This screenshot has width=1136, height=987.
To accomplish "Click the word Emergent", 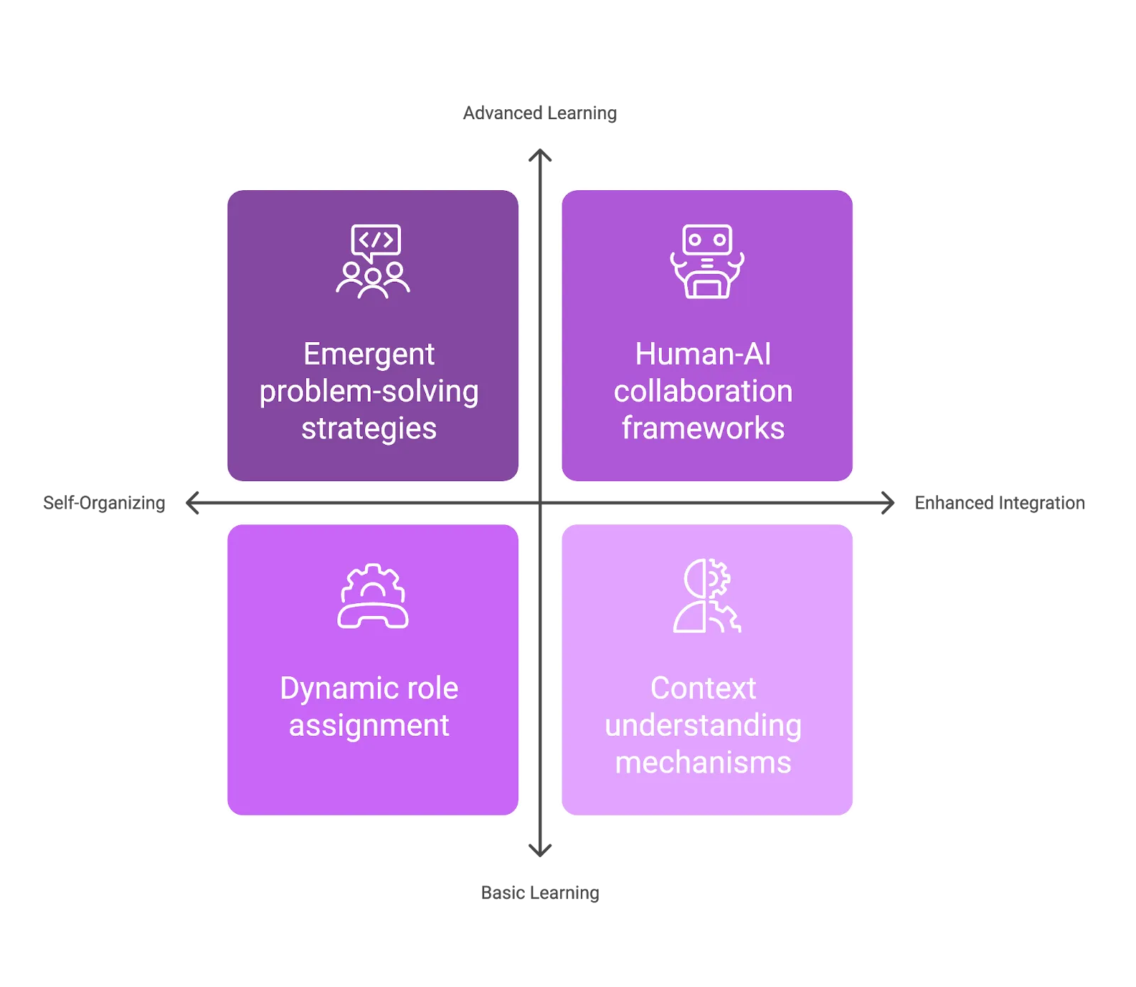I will click(368, 354).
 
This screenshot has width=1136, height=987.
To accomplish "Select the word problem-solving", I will click(368, 392).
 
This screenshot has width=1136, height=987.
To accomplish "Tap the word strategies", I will click(368, 429).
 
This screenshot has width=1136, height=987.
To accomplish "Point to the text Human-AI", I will click(703, 354).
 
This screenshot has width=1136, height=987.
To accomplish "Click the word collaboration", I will click(703, 391).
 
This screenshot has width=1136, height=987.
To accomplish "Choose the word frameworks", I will click(703, 429).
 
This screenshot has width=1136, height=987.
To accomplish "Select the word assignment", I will click(368, 726).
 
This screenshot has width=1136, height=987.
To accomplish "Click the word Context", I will click(703, 688).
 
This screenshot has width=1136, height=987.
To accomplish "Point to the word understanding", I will click(703, 726).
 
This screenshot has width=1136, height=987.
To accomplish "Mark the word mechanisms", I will click(703, 763).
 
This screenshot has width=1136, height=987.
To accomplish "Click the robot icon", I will click(707, 261).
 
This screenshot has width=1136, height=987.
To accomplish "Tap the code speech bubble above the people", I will click(376, 241).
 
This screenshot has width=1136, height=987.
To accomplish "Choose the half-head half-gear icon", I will click(707, 596).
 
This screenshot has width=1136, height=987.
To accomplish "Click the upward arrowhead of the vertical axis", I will click(541, 155).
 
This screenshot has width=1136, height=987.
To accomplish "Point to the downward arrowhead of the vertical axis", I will click(541, 850).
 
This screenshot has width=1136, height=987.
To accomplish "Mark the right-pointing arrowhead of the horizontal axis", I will click(888, 502).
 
